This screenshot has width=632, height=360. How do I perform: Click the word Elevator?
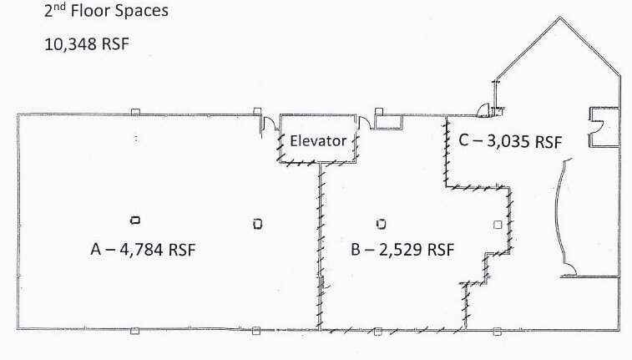(x=317, y=141)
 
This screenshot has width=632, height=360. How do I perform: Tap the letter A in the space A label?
(x=95, y=249)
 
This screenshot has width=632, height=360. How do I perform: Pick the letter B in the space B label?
(x=356, y=249)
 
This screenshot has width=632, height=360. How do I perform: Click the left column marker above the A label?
(x=134, y=221)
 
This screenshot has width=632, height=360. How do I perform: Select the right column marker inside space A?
(x=257, y=224)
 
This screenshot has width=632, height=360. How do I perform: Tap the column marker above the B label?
(x=381, y=223)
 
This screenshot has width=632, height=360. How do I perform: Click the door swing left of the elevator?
(x=270, y=124)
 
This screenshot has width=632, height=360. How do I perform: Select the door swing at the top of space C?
(x=482, y=108)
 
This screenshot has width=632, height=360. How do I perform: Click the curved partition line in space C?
(x=562, y=213)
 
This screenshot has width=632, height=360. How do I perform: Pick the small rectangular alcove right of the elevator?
(x=388, y=123)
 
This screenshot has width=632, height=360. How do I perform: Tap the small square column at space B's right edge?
(x=498, y=224)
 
